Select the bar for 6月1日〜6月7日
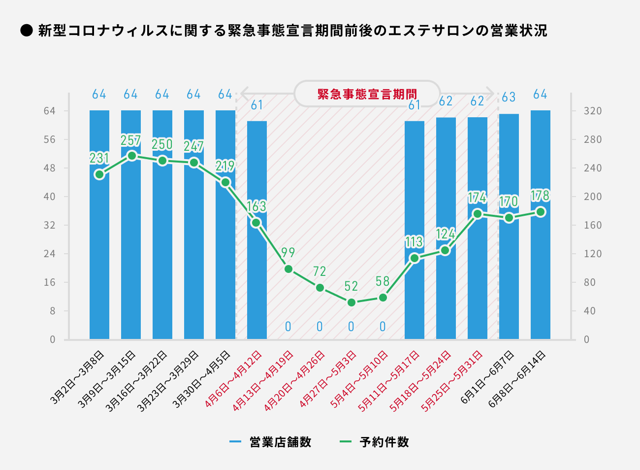coord(509,276)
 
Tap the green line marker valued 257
coord(131,156)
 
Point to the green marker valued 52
coord(352,302)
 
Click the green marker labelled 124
coord(446,250)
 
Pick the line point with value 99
coord(288,269)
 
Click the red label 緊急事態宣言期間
coord(367,94)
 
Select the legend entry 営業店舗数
coord(280,442)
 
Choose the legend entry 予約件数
coord(384,442)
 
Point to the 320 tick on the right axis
coord(593,111)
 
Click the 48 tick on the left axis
coord(50,168)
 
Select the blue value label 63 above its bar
coord(509,97)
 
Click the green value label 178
coord(540,196)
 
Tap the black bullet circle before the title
coord(26,31)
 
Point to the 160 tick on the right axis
coord(593,225)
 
